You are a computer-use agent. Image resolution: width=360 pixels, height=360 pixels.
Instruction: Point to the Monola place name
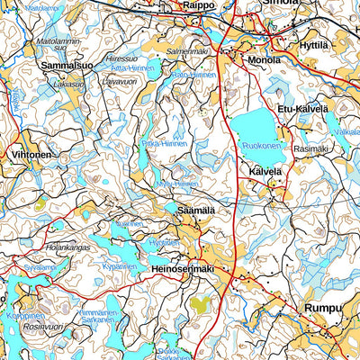coord(264,60)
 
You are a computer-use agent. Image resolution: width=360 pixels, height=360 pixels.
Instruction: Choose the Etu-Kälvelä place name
coord(303,109)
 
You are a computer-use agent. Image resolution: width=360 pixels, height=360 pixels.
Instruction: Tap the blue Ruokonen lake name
coord(263,144)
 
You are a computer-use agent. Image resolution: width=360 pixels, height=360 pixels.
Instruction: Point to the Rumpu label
coord(323,309)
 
